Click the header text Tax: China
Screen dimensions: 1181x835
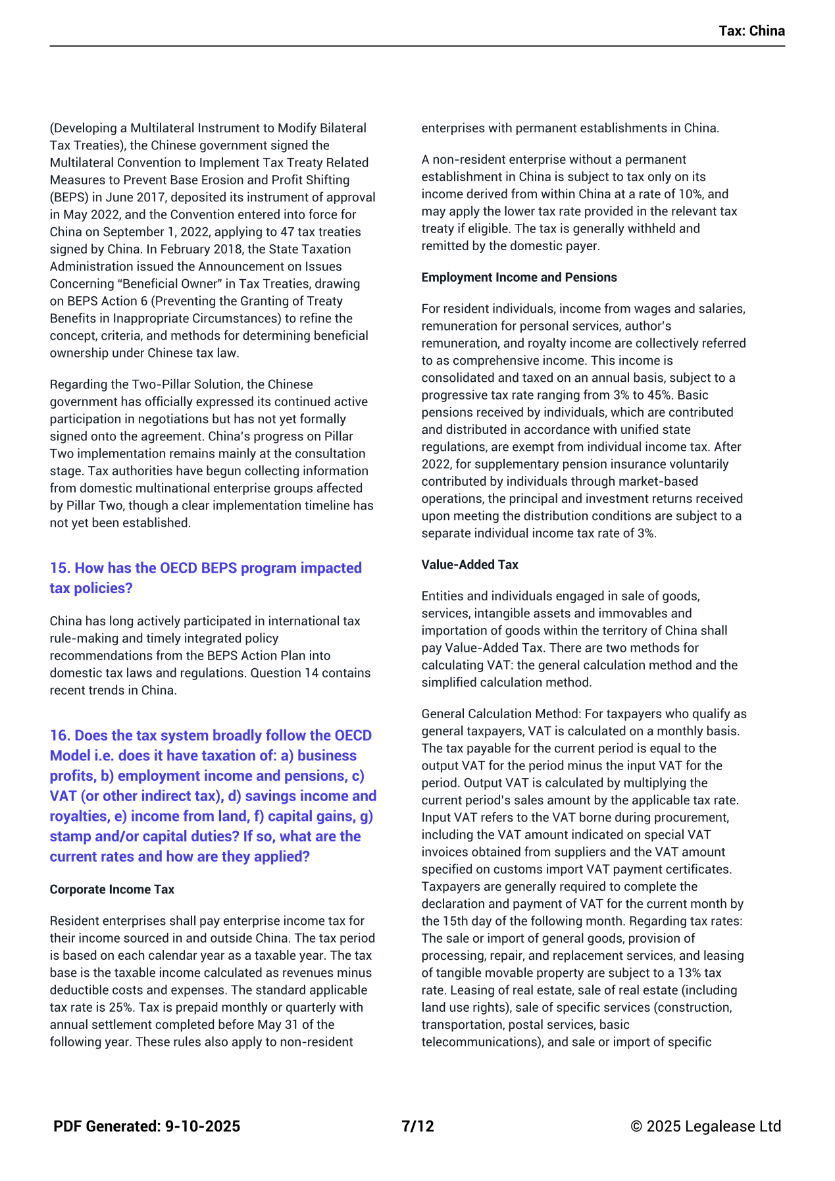751,31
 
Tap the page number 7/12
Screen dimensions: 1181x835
418,1126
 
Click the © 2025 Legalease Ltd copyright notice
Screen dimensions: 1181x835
705,1126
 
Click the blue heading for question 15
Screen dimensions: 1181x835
206,578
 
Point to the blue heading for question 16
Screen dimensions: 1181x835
213,796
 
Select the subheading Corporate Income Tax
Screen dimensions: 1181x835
112,889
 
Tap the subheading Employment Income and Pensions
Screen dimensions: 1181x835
519,277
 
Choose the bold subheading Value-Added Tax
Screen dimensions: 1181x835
470,565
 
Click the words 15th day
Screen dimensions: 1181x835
468,921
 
